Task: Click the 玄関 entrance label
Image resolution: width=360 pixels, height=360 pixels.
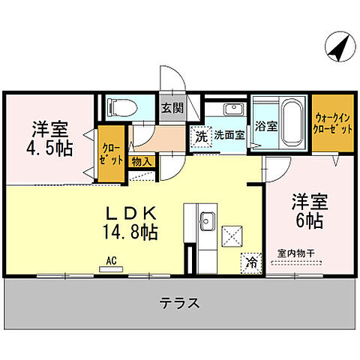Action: [171, 107]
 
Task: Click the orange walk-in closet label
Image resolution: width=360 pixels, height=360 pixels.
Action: [333, 122]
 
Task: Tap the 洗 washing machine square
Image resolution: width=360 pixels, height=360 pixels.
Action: [200, 136]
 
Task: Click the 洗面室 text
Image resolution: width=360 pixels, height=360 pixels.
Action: [229, 136]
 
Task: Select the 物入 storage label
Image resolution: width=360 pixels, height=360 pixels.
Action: [142, 160]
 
